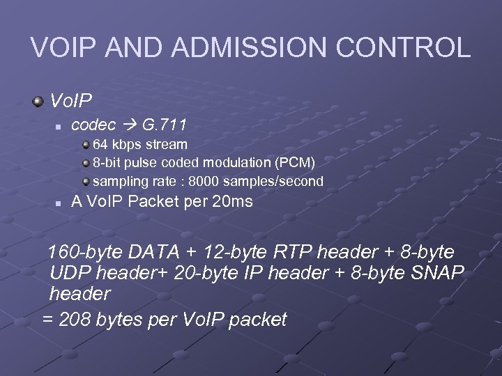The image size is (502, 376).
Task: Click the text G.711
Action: [x=164, y=126]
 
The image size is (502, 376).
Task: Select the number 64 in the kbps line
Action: [x=101, y=145]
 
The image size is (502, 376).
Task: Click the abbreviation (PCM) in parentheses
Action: [x=295, y=163]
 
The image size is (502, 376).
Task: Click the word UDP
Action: [x=70, y=273]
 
